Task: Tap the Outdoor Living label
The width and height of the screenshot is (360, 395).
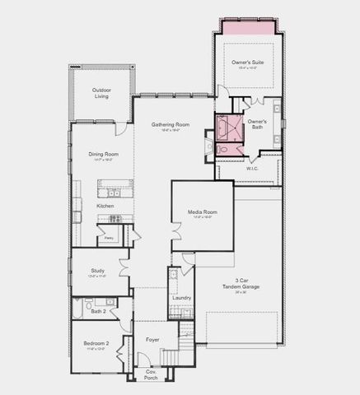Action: [x=101, y=94]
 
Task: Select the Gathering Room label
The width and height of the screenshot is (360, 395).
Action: [x=170, y=125]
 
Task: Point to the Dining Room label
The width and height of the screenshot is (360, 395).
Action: [x=105, y=154]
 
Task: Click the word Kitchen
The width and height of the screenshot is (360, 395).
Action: [x=105, y=205]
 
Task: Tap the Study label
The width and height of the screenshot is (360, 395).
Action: [x=97, y=271]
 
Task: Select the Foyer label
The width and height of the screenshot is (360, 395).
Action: [x=152, y=339]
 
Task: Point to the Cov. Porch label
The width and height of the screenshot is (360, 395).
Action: [x=151, y=374]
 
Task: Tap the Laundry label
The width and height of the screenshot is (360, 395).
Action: [x=182, y=298]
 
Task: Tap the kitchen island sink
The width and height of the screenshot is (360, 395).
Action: [x=110, y=194]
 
